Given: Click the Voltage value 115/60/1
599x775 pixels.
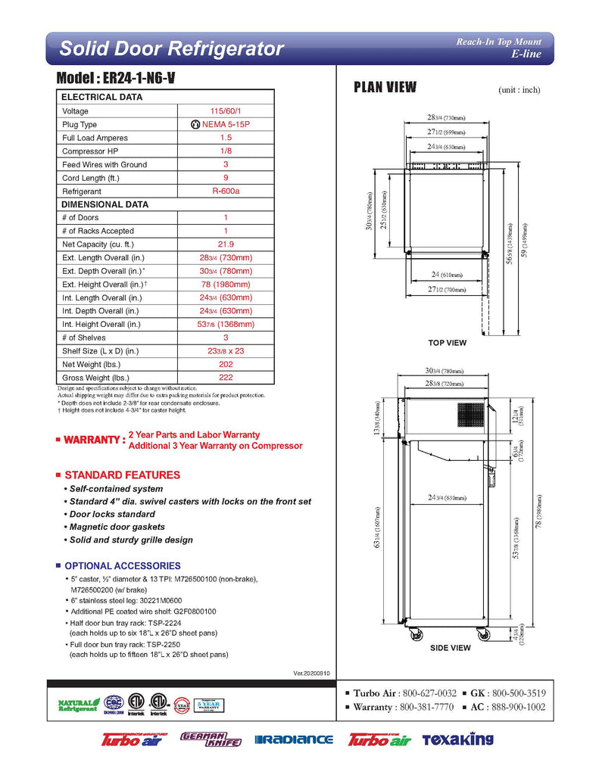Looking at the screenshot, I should click(225, 111).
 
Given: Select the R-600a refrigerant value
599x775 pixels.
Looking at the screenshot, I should click(225, 191).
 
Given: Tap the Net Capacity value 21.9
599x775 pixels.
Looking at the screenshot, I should click(225, 244).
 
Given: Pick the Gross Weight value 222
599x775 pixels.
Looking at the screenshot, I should click(225, 378).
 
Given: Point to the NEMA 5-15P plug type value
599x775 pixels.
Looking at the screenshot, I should click(225, 125).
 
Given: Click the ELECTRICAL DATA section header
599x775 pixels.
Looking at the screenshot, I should click(101, 98).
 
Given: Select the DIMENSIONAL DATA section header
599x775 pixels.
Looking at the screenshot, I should click(105, 204).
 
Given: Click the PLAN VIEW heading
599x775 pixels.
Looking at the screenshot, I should click(385, 87).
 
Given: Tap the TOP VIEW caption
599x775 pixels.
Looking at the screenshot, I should click(447, 343).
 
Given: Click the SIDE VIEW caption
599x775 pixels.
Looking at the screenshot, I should click(450, 648).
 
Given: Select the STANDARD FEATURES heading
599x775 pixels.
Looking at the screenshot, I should click(122, 475).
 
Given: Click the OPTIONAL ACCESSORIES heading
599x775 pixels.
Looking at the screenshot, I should click(122, 566).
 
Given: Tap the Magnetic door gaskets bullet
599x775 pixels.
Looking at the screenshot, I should click(117, 527).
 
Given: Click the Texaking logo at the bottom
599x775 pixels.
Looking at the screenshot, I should click(457, 739).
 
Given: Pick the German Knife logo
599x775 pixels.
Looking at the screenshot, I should click(210, 739).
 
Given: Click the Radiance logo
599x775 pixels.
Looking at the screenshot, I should click(294, 739).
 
